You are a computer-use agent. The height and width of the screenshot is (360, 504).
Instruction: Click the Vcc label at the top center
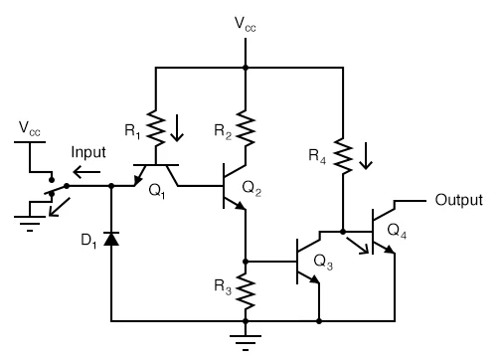click(246, 26)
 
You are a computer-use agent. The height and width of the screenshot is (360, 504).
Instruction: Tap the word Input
click(88, 152)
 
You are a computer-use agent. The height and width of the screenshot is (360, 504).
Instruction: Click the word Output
click(458, 200)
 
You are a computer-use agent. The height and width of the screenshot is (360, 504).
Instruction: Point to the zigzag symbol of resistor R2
click(245, 126)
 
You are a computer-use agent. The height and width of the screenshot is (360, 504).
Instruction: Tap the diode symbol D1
click(110, 239)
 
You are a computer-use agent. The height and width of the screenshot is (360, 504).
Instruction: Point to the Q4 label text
click(397, 231)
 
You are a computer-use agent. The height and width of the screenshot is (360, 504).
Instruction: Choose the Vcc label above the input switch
click(31, 129)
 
